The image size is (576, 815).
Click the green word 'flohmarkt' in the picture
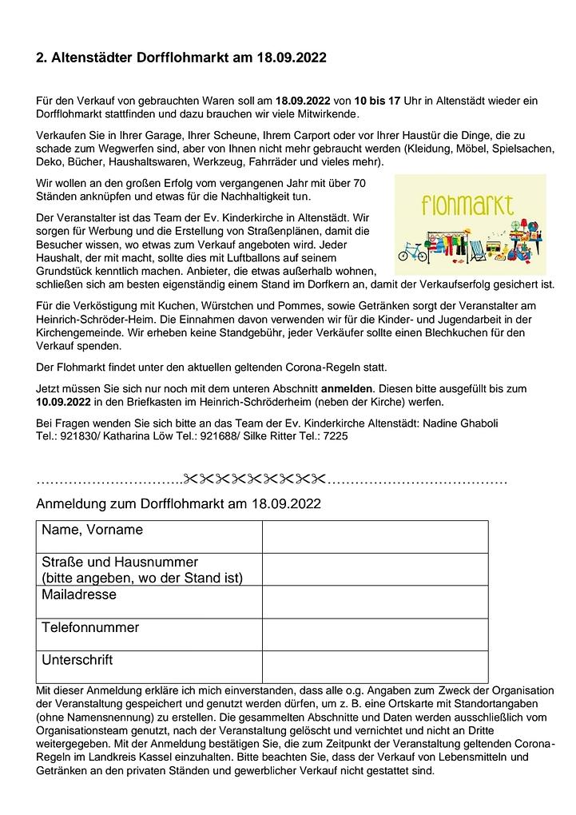tap(467, 206)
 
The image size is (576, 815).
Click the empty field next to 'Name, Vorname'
tap(374, 536)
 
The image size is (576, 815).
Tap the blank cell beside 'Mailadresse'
tap(374, 602)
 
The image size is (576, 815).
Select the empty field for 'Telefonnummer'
tap(374, 634)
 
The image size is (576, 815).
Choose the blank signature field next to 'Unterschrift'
tap(374, 666)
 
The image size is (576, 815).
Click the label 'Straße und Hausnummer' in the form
tap(120, 562)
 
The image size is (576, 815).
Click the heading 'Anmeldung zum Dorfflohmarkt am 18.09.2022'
tap(178, 504)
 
